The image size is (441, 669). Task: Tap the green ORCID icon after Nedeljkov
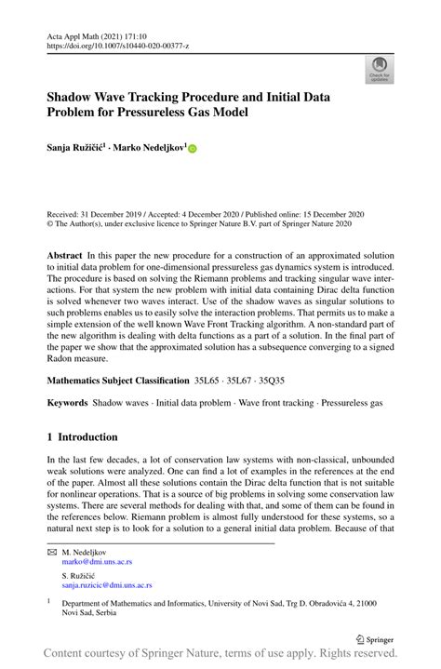pyautogui.click(x=194, y=147)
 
